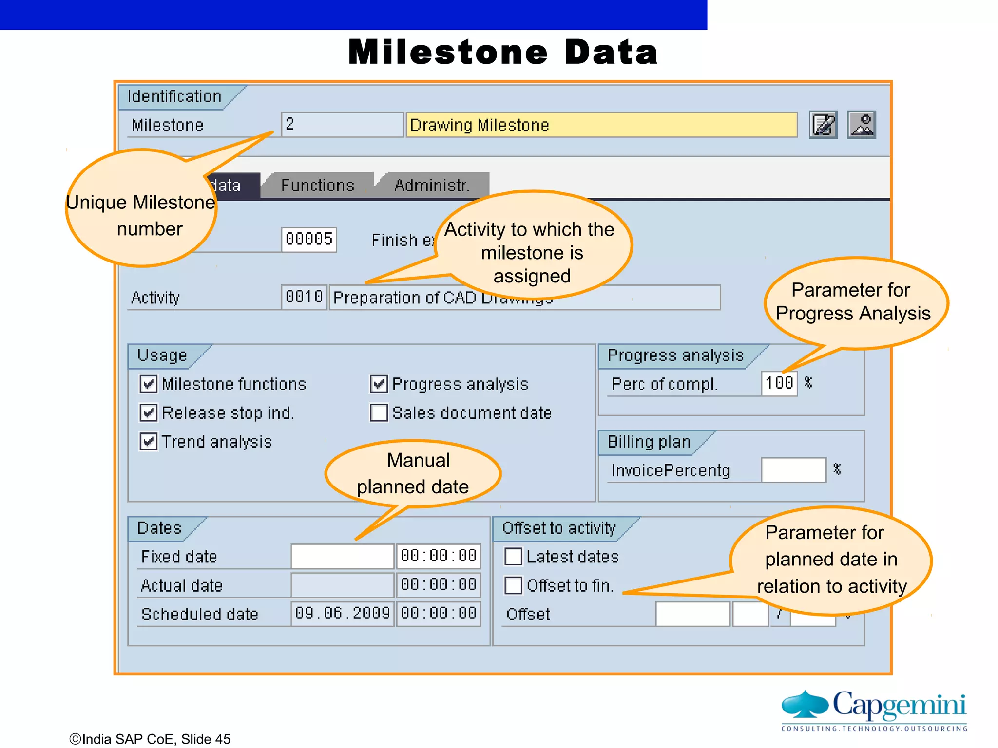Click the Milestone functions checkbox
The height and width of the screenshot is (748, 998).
(148, 384)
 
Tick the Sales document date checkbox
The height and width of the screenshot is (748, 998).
(379, 412)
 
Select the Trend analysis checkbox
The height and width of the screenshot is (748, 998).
(148, 441)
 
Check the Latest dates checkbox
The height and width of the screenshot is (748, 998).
(513, 556)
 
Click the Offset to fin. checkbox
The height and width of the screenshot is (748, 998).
(513, 585)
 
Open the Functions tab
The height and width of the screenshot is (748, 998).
(318, 186)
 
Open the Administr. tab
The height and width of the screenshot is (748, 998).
(432, 186)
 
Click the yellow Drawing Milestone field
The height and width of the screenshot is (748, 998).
(601, 125)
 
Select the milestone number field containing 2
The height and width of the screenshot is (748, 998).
(342, 125)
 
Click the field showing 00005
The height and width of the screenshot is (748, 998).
(309, 239)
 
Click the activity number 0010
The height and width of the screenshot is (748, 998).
(304, 297)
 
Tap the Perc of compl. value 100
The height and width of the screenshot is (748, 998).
(779, 383)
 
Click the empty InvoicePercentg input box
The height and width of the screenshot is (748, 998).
(793, 470)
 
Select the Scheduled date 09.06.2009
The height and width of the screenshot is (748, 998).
(342, 614)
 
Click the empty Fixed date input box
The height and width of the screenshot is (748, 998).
(342, 556)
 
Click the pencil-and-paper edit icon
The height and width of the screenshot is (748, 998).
(823, 125)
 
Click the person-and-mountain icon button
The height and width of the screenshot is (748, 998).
(862, 125)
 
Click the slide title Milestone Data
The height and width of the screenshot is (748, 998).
(503, 53)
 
